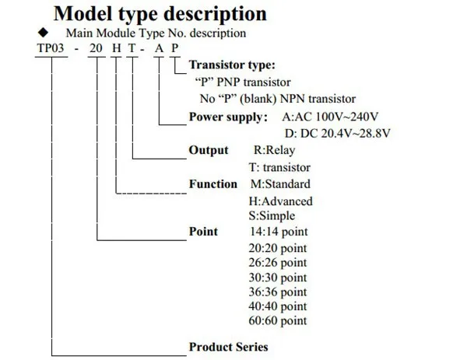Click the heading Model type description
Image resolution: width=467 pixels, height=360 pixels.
click(x=160, y=14)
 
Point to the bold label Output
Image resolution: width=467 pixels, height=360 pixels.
click(x=209, y=150)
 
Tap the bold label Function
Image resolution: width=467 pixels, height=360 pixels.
click(x=213, y=184)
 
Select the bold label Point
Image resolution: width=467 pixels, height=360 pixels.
click(x=203, y=232)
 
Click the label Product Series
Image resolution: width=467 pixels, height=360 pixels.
click(x=228, y=347)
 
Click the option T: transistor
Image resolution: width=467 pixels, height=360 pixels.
click(x=279, y=167)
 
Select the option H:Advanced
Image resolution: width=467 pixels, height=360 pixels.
click(x=280, y=201)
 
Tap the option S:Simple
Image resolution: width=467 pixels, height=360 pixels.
click(x=271, y=216)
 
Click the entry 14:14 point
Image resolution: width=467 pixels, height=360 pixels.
click(x=277, y=232)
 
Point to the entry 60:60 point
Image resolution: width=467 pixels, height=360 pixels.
click(x=277, y=320)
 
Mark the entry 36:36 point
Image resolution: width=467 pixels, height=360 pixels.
click(x=277, y=292)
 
